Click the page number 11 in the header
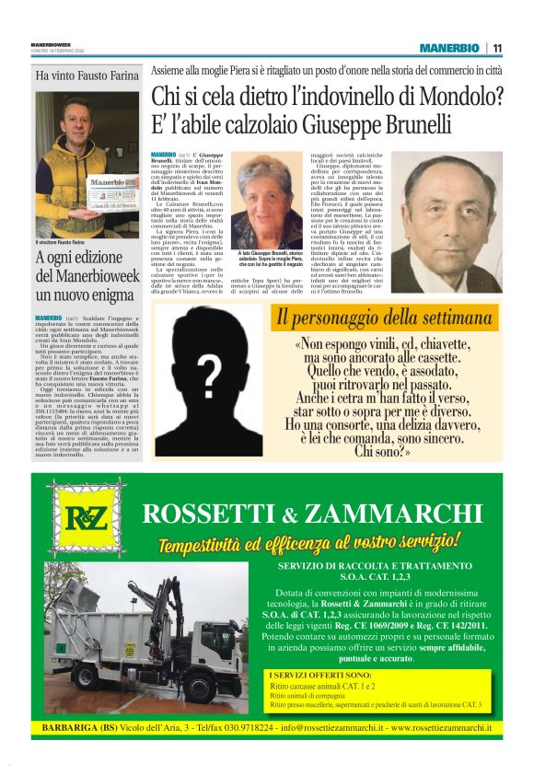(497, 48)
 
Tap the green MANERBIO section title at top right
(449, 48)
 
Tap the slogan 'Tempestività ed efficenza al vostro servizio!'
(309, 543)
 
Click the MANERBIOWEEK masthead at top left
(52, 43)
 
